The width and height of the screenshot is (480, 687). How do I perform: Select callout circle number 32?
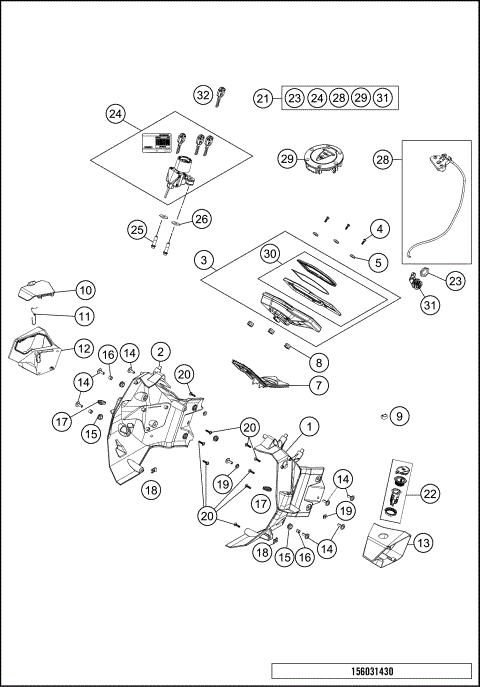pyautogui.click(x=203, y=95)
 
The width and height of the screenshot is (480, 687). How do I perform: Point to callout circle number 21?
pyautogui.click(x=263, y=98)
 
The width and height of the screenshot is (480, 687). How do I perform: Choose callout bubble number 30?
pyautogui.click(x=269, y=254)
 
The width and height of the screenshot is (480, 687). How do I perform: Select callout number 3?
pyautogui.click(x=204, y=261)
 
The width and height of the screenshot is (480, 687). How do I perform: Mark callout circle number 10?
pyautogui.click(x=85, y=290)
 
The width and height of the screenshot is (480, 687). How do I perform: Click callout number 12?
pyautogui.click(x=82, y=349)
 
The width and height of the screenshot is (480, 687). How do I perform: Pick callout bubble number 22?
pyautogui.click(x=430, y=492)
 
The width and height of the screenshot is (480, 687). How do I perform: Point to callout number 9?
pyautogui.click(x=399, y=414)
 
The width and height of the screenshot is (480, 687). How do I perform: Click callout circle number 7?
pyautogui.click(x=318, y=384)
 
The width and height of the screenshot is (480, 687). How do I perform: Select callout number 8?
pyautogui.click(x=318, y=362)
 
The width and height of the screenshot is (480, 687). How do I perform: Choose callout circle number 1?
pyautogui.click(x=310, y=426)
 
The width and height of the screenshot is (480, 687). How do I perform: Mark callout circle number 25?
pyautogui.click(x=138, y=230)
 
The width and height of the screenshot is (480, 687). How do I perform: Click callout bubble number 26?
pyautogui.click(x=201, y=219)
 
